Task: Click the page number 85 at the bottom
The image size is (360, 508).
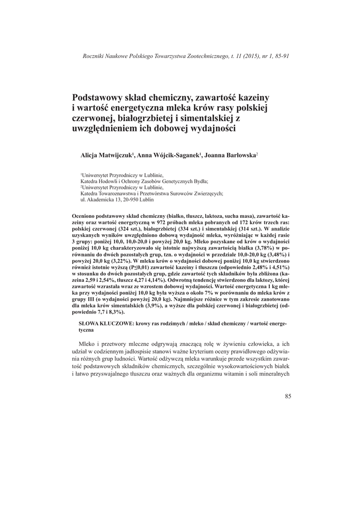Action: (x=288, y=395)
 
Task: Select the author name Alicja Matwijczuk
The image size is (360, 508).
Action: (x=106, y=155)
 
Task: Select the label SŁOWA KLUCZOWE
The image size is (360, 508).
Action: (x=104, y=322)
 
